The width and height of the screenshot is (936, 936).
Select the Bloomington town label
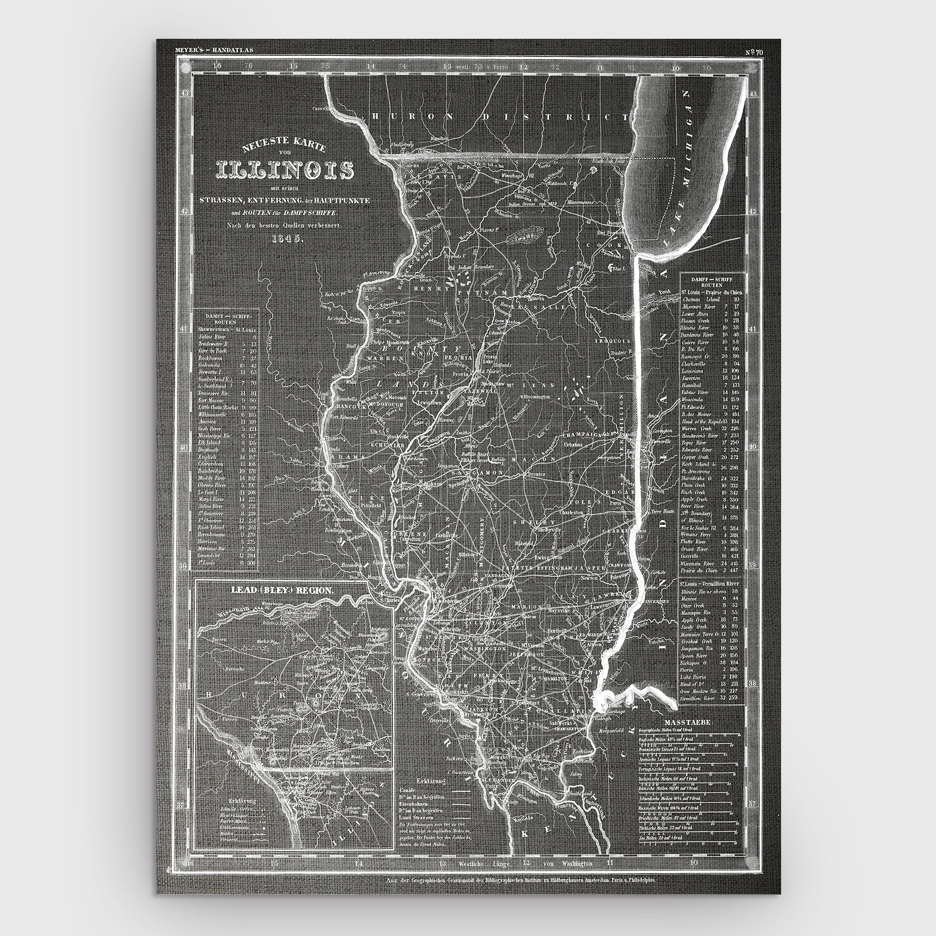coord(536,396)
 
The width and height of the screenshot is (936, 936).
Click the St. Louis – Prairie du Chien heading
coord(712,292)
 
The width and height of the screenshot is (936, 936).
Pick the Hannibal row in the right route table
coord(691,385)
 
